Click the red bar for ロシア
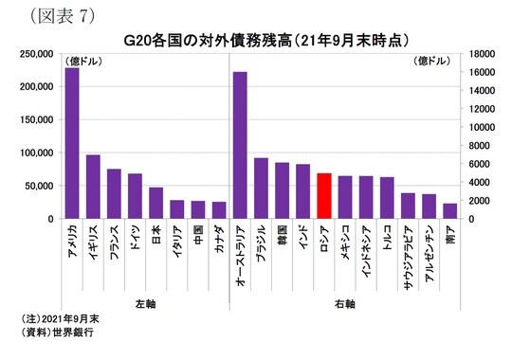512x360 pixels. (324, 195)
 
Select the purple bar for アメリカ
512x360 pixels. (71, 143)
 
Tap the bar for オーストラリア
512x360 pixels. (240, 145)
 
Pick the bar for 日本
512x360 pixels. (156, 203)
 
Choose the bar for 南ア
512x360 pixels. (449, 210)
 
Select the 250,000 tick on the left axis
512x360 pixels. (32, 54)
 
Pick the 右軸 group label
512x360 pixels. (345, 303)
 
